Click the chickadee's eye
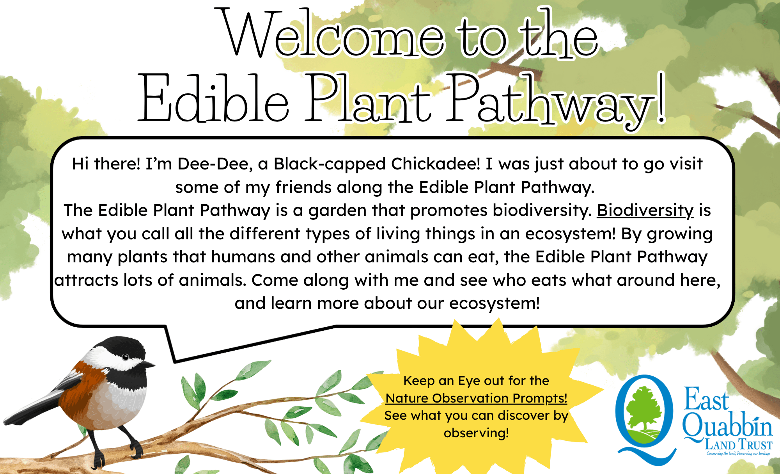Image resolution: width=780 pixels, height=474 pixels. point(125,357)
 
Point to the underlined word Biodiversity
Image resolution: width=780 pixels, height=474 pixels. point(645,211)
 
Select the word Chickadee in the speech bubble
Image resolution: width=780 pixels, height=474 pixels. point(436,164)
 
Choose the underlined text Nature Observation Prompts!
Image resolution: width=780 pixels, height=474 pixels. point(476,398)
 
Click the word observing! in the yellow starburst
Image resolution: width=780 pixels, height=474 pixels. point(476,433)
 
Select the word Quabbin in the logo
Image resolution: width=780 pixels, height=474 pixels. point(727,426)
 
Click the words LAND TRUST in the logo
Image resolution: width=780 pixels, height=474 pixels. point(738,445)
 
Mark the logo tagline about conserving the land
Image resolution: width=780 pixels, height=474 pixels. point(738,454)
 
